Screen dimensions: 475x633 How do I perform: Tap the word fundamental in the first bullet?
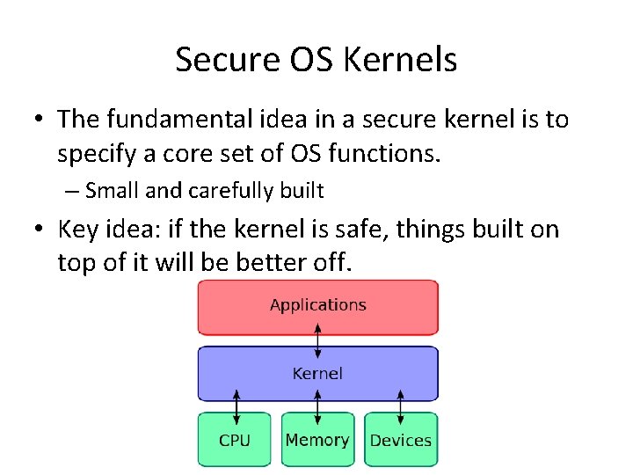(180, 119)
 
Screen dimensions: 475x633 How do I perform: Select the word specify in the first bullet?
(91, 154)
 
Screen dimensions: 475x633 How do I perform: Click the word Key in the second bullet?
(76, 230)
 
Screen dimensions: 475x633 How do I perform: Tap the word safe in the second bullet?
(361, 230)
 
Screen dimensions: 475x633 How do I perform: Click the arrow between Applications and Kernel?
(318, 340)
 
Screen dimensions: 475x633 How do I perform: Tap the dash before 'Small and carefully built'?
(70, 191)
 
